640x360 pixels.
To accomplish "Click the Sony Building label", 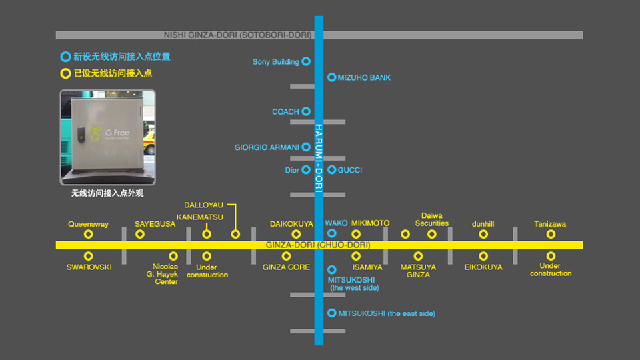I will point(275,62).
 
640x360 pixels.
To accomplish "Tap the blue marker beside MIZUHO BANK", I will point(331,77).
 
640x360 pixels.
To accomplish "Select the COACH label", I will point(285,112).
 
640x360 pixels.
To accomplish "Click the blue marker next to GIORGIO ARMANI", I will point(306,147).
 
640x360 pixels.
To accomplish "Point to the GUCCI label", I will point(349,170).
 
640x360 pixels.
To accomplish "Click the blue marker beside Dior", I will point(306,170).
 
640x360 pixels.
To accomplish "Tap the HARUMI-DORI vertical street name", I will point(319,158).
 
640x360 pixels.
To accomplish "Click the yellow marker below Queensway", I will point(88,234).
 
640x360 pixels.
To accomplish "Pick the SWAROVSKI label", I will point(89,267).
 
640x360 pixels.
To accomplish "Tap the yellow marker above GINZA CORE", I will point(286,256).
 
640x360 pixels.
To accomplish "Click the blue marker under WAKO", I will point(332,233).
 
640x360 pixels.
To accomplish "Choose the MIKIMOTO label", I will point(370,223).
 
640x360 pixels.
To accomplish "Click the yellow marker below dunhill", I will point(483,234).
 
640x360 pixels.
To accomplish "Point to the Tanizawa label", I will point(550,224).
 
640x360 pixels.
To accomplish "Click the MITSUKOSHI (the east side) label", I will point(387,313).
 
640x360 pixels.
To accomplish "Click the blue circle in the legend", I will point(65,57).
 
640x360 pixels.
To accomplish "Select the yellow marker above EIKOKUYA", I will point(483,256).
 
